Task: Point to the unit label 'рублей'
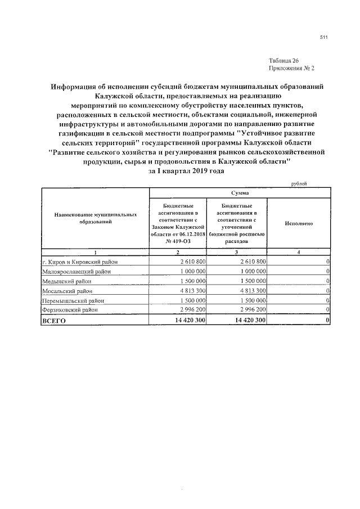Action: coord(299,184)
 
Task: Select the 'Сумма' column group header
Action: coord(240,192)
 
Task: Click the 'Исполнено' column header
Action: coord(299,223)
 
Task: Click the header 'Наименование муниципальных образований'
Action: coord(96,219)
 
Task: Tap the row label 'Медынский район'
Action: coord(66,281)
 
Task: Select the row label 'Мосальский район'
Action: coord(67,291)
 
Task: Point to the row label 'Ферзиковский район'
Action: coord(70,310)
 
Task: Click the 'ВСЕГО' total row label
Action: coord(55,320)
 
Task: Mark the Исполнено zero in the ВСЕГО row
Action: coord(327,320)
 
